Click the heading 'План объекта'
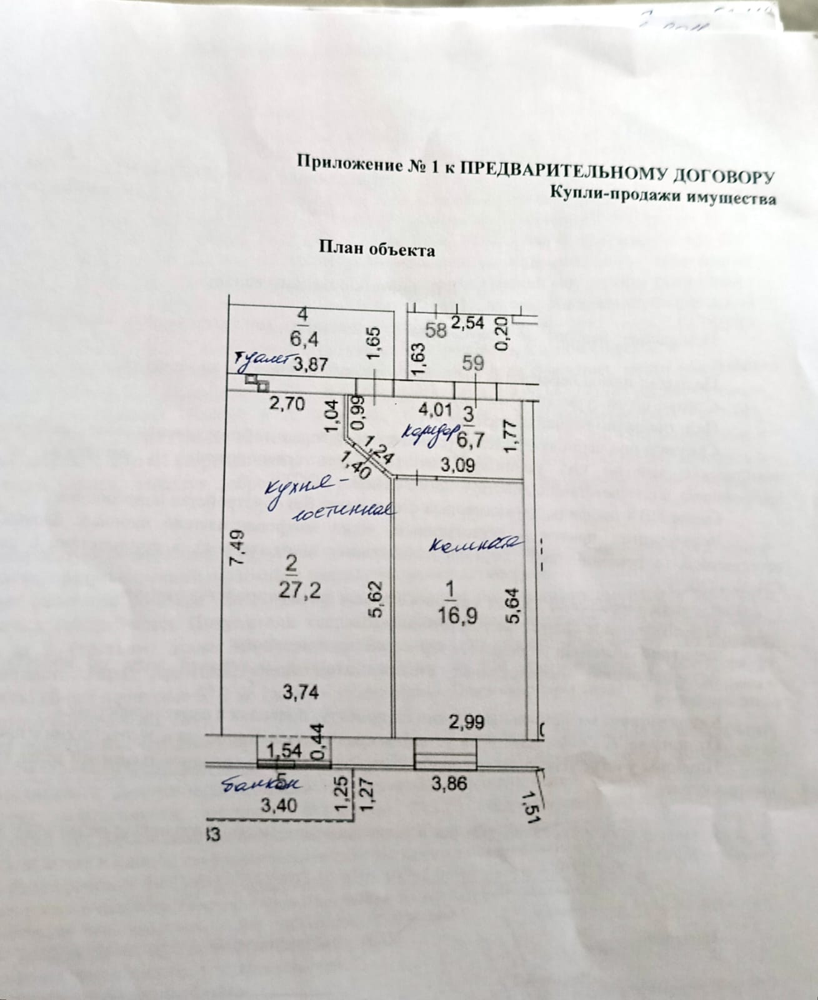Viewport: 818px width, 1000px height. click(x=377, y=249)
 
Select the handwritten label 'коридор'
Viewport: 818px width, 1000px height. click(x=428, y=433)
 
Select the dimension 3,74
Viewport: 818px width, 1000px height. click(x=301, y=692)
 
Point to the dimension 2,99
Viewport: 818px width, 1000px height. click(x=466, y=722)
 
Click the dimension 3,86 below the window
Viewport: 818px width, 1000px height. click(x=449, y=783)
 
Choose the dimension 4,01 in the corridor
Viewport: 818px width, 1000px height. click(x=434, y=410)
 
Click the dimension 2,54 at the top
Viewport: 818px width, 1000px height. click(x=468, y=323)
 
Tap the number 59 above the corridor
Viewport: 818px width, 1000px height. click(x=473, y=363)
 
